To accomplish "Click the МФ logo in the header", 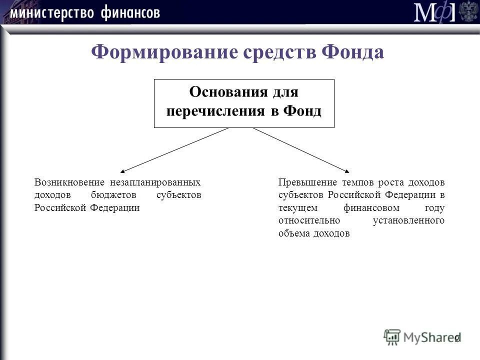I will [434, 12].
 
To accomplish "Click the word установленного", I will [408, 220].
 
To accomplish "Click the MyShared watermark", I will [422, 337].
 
